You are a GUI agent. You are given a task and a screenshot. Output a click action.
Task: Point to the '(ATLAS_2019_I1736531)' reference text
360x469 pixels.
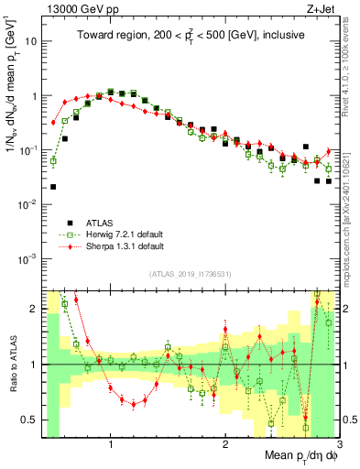click(190, 274)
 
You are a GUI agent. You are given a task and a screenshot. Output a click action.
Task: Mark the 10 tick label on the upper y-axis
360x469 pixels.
click(30, 41)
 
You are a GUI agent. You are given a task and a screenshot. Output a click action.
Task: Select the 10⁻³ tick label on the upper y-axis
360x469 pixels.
click(28, 258)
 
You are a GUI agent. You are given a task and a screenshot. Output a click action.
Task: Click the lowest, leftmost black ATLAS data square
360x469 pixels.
click(54, 187)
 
